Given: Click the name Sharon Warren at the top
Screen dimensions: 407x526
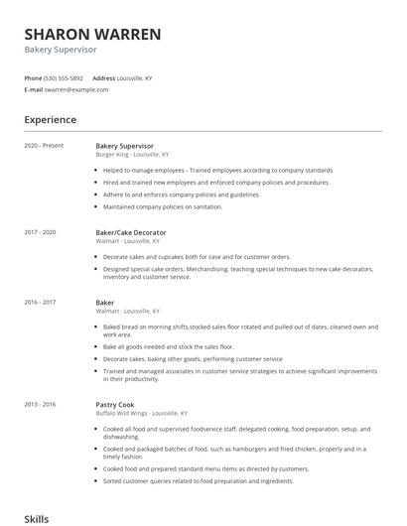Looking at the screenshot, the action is pos(92,34).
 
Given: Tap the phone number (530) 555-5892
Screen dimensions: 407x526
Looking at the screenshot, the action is pos(65,77).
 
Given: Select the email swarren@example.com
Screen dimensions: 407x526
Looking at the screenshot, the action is pos(76,89).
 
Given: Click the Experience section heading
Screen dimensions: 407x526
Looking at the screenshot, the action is pos(51,119).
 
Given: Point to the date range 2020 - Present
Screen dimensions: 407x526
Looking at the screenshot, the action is pos(44,146).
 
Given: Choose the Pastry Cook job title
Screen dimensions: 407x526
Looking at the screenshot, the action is pos(115,405).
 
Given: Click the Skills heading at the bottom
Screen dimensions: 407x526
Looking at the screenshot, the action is pos(37,518).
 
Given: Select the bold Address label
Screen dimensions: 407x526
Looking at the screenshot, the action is pos(103,77).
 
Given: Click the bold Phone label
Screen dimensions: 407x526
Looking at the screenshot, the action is pos(34,77).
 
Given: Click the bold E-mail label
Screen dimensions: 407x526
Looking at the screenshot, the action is pos(34,89).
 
